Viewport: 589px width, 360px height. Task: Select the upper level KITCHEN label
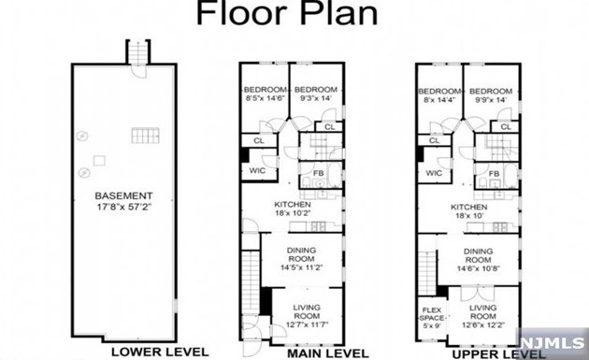coord(469,207)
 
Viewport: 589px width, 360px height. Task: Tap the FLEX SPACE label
coord(431,312)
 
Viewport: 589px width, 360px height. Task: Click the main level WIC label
coord(258,171)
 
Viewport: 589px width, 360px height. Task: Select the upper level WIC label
coord(433,173)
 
